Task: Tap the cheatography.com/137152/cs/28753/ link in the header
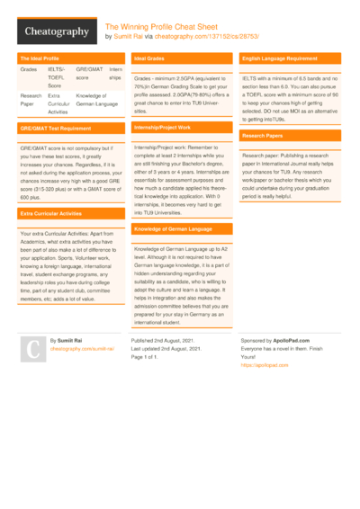193,37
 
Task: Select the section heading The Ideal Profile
40,58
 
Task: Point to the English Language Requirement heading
282,58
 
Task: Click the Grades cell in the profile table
29,68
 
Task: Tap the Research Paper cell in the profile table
31,98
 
